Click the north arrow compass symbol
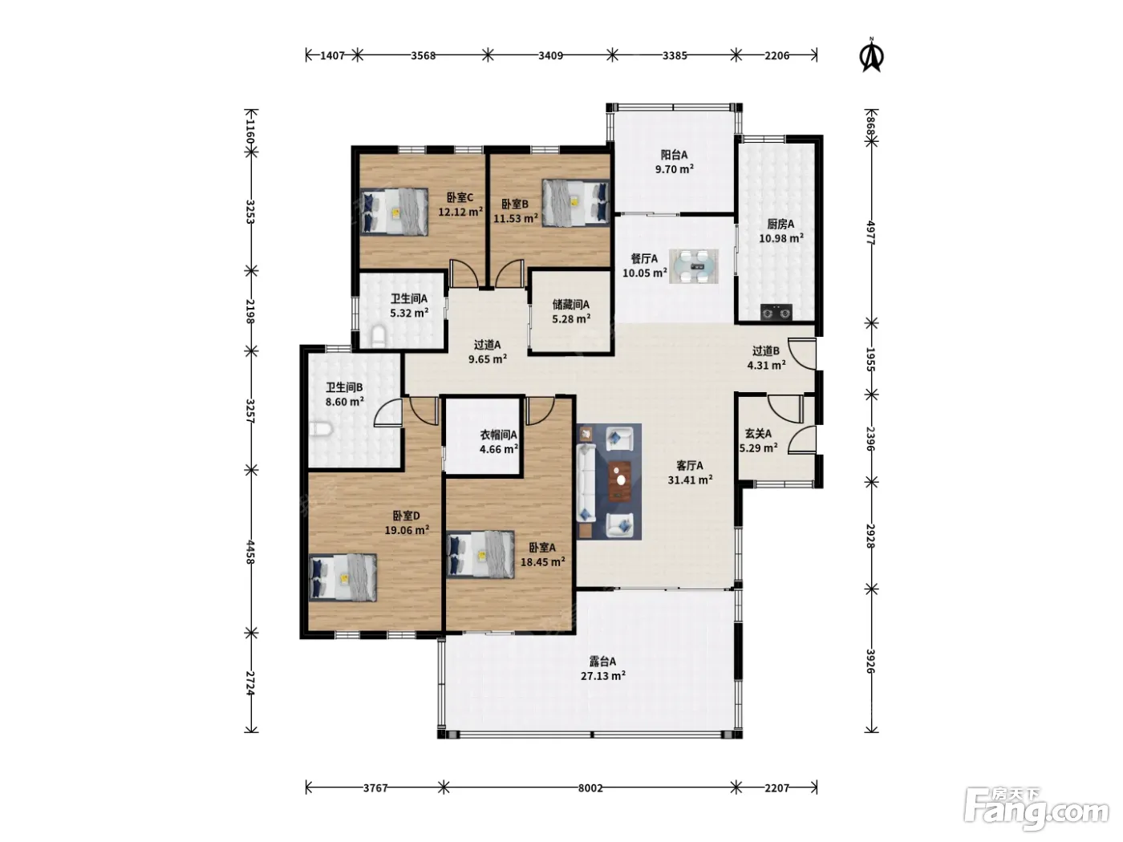click(872, 55)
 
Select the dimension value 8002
click(590, 788)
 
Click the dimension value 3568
click(423, 55)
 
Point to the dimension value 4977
click(871, 233)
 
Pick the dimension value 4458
click(249, 553)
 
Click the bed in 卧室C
click(394, 212)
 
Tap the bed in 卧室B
click(576, 203)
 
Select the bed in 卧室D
click(343, 577)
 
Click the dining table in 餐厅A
click(693, 266)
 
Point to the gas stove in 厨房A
click(776, 312)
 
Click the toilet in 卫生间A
click(378, 336)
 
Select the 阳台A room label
click(674, 155)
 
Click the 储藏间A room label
click(571, 305)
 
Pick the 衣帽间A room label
click(498, 435)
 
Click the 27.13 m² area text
click(603, 676)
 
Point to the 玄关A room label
click(758, 434)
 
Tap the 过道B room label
click(766, 351)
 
